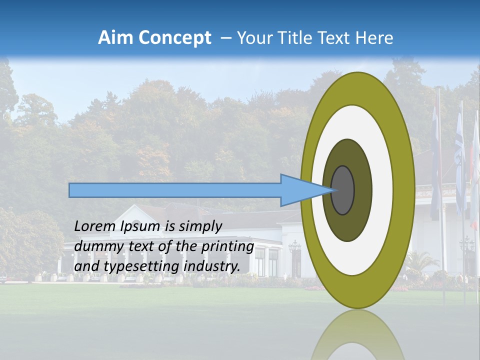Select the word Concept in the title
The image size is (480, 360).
click(174, 38)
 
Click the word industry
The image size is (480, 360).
click(211, 266)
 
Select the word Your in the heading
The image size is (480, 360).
click(252, 37)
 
